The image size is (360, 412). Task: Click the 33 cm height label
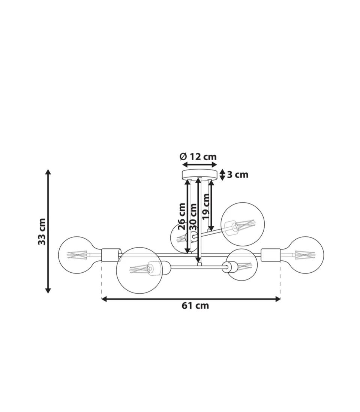42,231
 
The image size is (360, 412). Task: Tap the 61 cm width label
195,306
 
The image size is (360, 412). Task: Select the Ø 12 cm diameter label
198,157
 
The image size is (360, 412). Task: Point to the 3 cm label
238,175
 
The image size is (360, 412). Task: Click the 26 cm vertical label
181,216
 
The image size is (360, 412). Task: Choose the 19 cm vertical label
205,206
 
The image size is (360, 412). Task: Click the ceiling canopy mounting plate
200,175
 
